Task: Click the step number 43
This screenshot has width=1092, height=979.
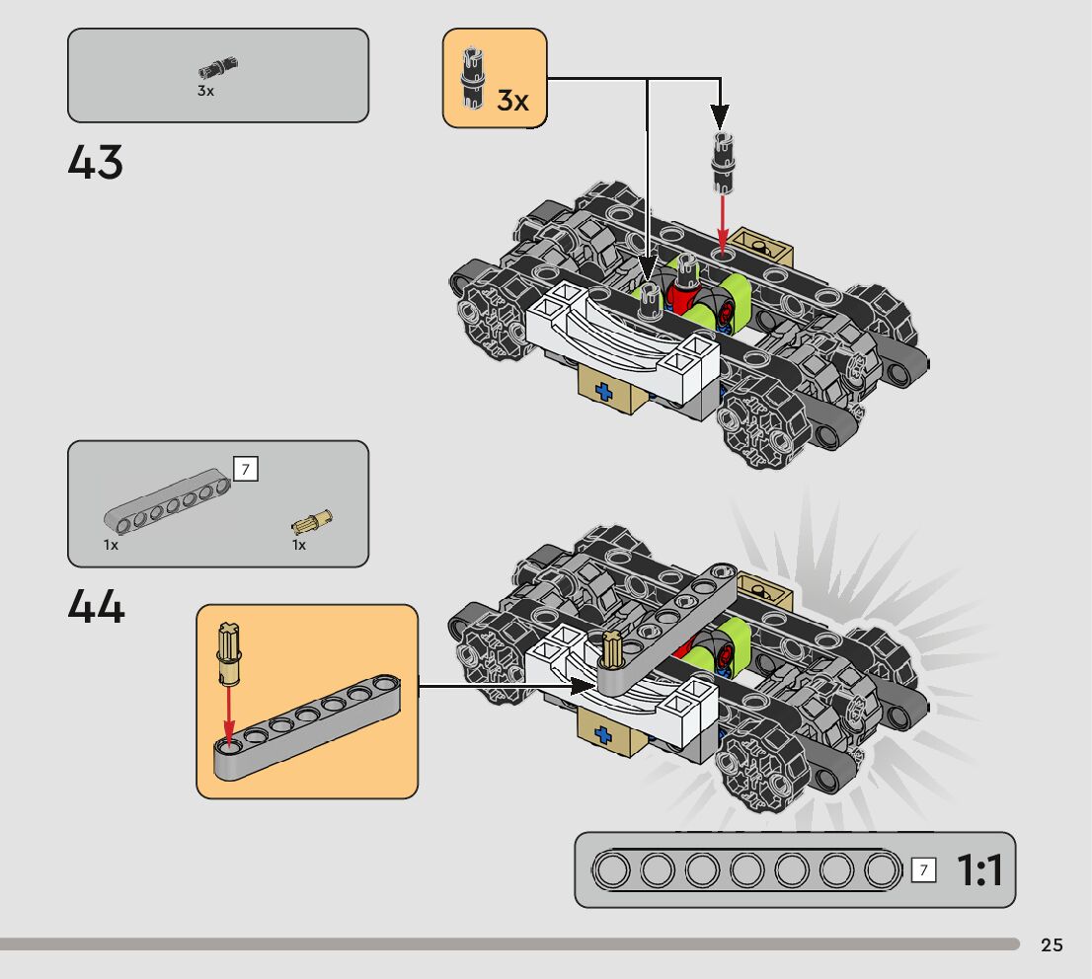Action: (96, 163)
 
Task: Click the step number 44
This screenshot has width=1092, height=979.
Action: (96, 607)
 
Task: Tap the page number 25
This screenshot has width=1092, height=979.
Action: (1052, 945)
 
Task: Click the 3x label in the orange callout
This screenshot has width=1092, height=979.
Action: (512, 100)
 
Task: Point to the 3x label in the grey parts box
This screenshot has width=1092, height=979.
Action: (205, 91)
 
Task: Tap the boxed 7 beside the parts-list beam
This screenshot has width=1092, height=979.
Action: (245, 469)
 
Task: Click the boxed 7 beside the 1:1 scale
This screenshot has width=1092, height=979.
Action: (924, 869)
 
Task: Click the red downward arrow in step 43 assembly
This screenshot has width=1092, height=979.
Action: (723, 218)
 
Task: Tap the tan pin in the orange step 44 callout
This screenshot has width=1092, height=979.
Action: (230, 655)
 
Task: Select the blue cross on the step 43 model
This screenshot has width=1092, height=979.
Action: (602, 393)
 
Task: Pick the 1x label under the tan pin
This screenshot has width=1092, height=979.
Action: (299, 545)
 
